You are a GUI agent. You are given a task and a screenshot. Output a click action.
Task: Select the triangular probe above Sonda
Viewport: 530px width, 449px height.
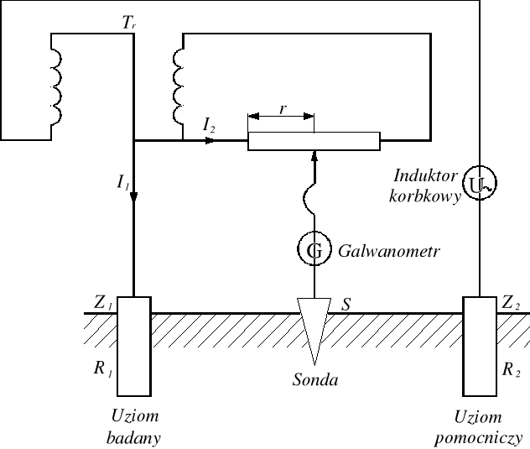[314, 331]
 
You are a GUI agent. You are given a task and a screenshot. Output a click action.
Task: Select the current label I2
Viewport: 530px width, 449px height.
[210, 124]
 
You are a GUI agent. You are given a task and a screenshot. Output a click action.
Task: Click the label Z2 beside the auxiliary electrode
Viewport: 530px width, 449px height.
[512, 300]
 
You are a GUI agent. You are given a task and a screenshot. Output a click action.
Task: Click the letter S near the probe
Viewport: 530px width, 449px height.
[345, 302]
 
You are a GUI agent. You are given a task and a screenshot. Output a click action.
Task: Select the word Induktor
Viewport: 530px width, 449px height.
[423, 176]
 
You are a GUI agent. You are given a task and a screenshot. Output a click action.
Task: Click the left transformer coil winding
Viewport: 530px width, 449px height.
[56, 84]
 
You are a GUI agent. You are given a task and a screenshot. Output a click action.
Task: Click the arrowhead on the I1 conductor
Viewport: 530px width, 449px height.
[134, 196]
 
